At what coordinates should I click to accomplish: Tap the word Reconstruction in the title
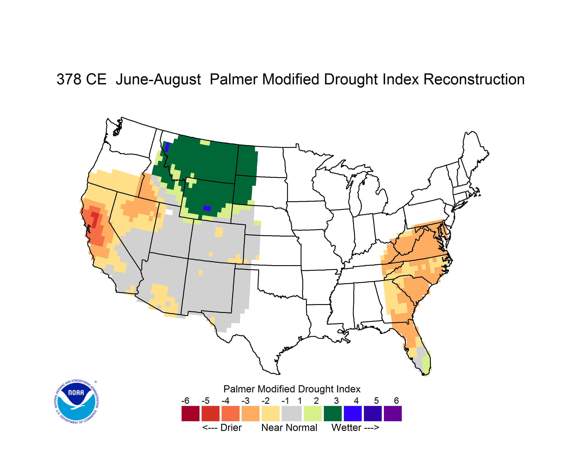point(474,79)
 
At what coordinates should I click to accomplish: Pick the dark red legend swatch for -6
point(190,413)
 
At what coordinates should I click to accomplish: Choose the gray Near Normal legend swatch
point(292,413)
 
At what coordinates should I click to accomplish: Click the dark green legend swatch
point(332,413)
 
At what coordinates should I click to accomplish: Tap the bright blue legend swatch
point(353,413)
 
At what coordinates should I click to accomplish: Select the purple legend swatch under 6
point(393,413)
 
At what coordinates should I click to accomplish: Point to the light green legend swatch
point(313,413)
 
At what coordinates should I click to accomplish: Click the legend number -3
point(246,401)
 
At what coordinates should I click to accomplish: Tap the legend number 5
point(376,401)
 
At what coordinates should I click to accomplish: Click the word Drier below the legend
point(231,427)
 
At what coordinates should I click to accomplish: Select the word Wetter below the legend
point(346,427)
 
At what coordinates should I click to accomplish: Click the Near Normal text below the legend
point(289,427)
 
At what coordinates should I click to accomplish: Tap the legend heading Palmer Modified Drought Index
point(292,389)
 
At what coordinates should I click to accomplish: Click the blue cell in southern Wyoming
point(207,208)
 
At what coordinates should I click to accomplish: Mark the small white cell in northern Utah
point(169,212)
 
